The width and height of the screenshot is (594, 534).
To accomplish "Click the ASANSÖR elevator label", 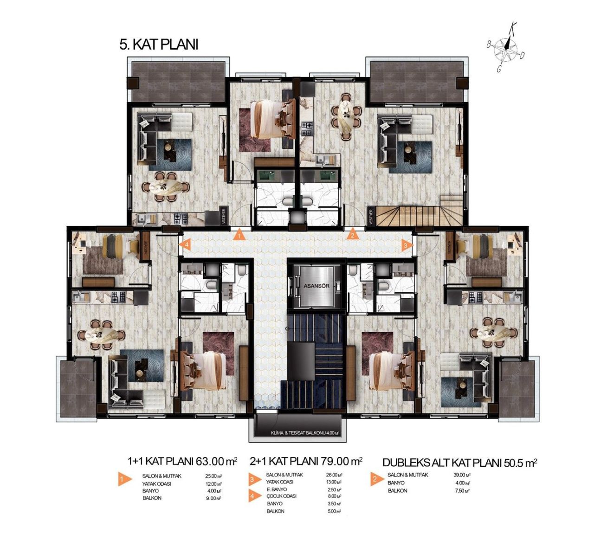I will coord(316,286).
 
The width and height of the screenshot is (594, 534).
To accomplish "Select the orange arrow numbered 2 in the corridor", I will coord(352,234).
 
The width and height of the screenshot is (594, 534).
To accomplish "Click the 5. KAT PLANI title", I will coord(159,45).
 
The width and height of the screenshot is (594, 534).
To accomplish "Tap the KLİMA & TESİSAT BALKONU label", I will coord(304,434).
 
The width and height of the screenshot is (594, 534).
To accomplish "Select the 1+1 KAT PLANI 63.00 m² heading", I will coord(182,461).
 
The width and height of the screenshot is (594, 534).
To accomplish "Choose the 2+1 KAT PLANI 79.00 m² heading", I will coord(305,461).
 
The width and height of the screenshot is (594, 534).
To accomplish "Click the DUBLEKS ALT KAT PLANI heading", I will coord(459,463).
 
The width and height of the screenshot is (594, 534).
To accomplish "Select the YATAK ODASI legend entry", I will coord(157,483).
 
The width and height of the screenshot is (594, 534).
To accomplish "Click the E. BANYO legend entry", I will coord(278,489).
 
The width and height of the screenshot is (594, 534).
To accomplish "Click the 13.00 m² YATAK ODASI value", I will coord(334,482).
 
